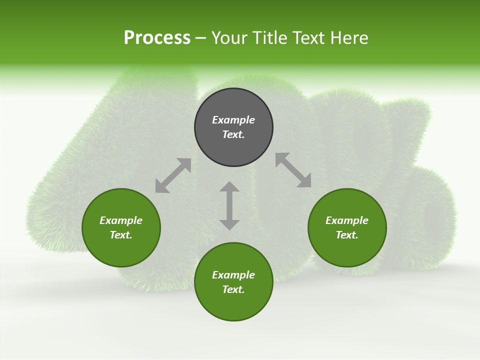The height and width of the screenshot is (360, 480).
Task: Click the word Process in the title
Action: pyautogui.click(x=157, y=38)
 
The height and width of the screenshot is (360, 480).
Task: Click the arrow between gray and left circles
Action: pyautogui.click(x=173, y=175)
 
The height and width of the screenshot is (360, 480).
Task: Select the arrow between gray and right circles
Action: pyautogui.click(x=293, y=170)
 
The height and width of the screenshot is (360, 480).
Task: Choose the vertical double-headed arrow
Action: pyautogui.click(x=229, y=205)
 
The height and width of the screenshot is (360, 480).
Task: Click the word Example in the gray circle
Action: pyautogui.click(x=233, y=120)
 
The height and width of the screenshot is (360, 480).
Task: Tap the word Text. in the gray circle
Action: pyautogui.click(x=233, y=134)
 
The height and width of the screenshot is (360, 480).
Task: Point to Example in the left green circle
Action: pyautogui.click(x=121, y=220)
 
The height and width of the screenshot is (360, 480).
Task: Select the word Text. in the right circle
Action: pyautogui.click(x=347, y=235)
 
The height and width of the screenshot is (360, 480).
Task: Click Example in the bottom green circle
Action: pyautogui.click(x=233, y=275)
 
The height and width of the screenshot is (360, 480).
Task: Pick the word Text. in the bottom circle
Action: pyautogui.click(x=233, y=289)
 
